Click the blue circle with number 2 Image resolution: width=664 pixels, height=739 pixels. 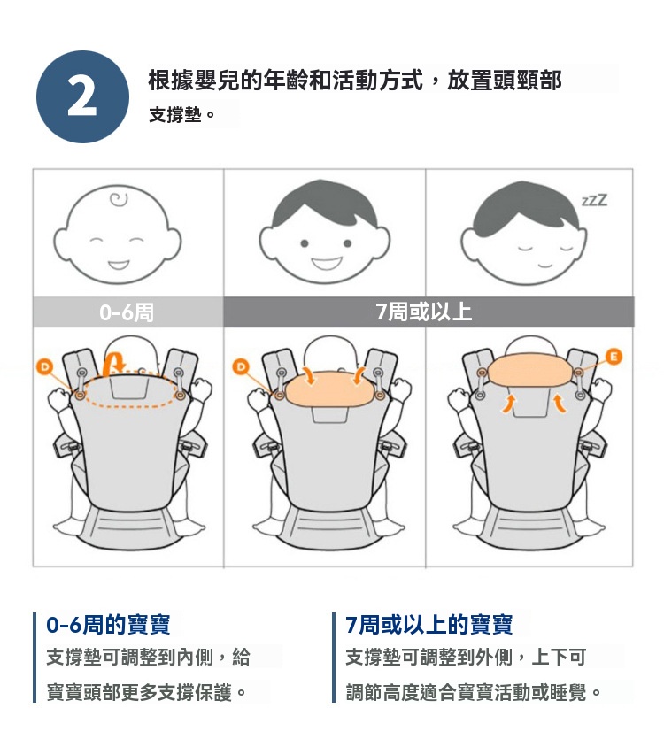click(x=82, y=97)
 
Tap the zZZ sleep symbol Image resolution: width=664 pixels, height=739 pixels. click(x=594, y=200)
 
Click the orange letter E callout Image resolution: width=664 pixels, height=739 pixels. click(x=614, y=357)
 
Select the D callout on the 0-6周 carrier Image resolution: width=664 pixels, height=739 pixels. click(x=45, y=366)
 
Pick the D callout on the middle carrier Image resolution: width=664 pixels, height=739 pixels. click(x=241, y=366)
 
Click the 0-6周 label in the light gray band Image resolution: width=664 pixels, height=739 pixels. click(x=127, y=312)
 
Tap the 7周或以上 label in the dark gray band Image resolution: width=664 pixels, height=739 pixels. click(x=423, y=312)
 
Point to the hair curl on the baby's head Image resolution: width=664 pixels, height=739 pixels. click(x=119, y=200)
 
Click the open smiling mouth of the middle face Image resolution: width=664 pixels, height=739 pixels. click(x=328, y=263)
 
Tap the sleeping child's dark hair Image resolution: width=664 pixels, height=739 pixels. click(x=523, y=207)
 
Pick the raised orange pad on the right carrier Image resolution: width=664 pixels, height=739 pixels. click(x=530, y=370)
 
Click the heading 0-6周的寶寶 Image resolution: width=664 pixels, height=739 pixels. click(x=108, y=625)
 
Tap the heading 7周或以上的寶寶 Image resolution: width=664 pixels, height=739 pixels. click(x=429, y=625)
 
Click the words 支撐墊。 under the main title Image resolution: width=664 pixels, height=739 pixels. click(x=182, y=114)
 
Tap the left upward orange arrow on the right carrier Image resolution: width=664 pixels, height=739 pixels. click(x=508, y=404)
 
